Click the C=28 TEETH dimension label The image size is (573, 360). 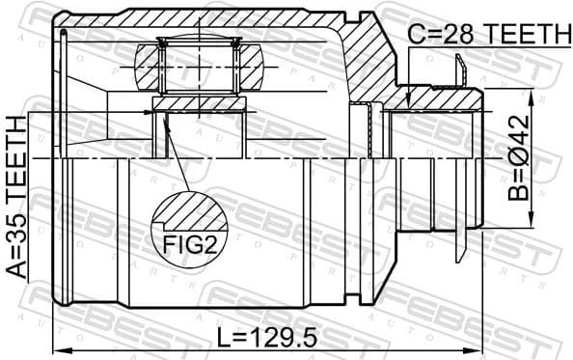tap(487, 34)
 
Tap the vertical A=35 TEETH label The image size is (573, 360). tap(16, 197)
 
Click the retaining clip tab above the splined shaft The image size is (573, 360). tap(460, 69)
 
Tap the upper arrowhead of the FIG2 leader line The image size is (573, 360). tap(165, 118)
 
